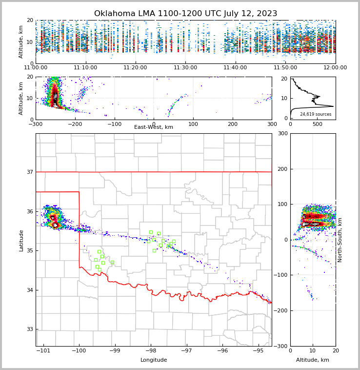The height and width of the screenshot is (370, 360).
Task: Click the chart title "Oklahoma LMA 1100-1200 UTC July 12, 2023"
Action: tap(185, 14)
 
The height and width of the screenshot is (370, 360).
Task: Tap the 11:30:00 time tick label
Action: tap(185, 68)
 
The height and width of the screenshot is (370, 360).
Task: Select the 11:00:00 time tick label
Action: tap(36, 68)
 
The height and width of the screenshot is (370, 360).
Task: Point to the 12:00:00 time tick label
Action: tap(335, 68)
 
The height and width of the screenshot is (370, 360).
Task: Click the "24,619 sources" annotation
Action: tap(316, 114)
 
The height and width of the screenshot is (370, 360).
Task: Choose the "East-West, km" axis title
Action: tap(154, 127)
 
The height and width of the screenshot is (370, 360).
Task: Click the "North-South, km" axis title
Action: tap(340, 240)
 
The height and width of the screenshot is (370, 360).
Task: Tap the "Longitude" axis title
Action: tap(154, 360)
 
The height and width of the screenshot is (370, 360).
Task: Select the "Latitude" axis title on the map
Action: tap(21, 240)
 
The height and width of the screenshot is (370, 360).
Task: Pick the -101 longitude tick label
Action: tap(44, 351)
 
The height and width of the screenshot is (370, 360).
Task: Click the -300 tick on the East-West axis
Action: tap(36, 124)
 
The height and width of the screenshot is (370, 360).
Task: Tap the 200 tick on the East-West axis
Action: tap(232, 124)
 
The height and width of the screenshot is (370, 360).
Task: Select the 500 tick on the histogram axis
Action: tap(317, 124)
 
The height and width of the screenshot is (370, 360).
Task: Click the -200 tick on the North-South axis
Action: tap(283, 310)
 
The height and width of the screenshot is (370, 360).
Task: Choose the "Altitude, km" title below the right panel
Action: tap(313, 360)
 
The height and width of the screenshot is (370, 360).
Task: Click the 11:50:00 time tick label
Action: tap(285, 68)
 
